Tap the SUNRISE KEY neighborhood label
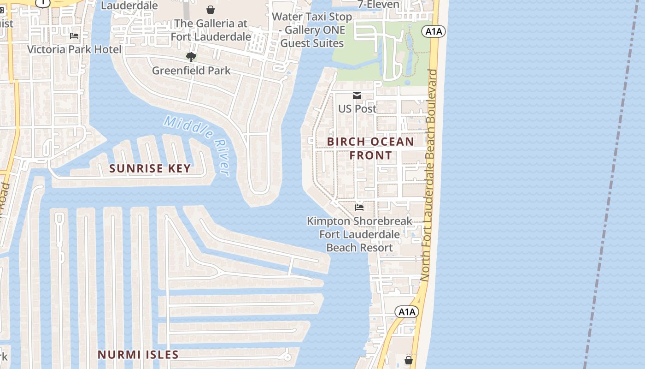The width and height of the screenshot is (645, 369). click(x=150, y=168)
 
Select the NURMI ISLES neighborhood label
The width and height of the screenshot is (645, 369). click(x=138, y=355)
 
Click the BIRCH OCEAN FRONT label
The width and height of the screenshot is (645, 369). click(x=370, y=148)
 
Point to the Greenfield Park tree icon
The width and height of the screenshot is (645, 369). click(x=191, y=57)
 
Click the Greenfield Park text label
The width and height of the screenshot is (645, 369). click(x=191, y=71)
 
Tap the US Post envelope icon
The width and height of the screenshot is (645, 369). click(x=357, y=95)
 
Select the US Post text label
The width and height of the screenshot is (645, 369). click(x=357, y=109)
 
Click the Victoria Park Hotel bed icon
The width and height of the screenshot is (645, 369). click(x=74, y=36)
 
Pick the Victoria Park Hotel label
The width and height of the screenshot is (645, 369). click(x=74, y=49)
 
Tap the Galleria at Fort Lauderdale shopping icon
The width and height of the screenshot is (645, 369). click(x=211, y=10)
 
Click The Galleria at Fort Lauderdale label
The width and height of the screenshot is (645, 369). click(x=211, y=30)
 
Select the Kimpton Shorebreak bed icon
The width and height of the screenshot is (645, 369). click(x=359, y=208)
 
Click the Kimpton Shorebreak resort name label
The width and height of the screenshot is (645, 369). click(x=359, y=234)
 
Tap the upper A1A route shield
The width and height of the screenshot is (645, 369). click(x=434, y=31)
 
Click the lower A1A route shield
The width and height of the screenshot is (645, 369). click(x=407, y=312)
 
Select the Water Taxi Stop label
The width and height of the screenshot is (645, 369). click(x=312, y=30)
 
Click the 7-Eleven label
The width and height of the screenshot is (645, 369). click(x=379, y=5)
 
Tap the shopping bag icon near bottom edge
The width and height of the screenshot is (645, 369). click(x=408, y=360)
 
